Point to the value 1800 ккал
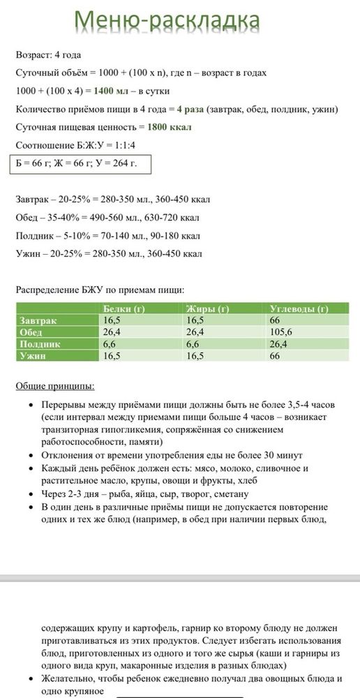(170, 127)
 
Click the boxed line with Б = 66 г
(76, 163)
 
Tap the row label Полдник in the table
(40, 344)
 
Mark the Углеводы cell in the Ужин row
(275, 356)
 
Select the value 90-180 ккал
(171, 235)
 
